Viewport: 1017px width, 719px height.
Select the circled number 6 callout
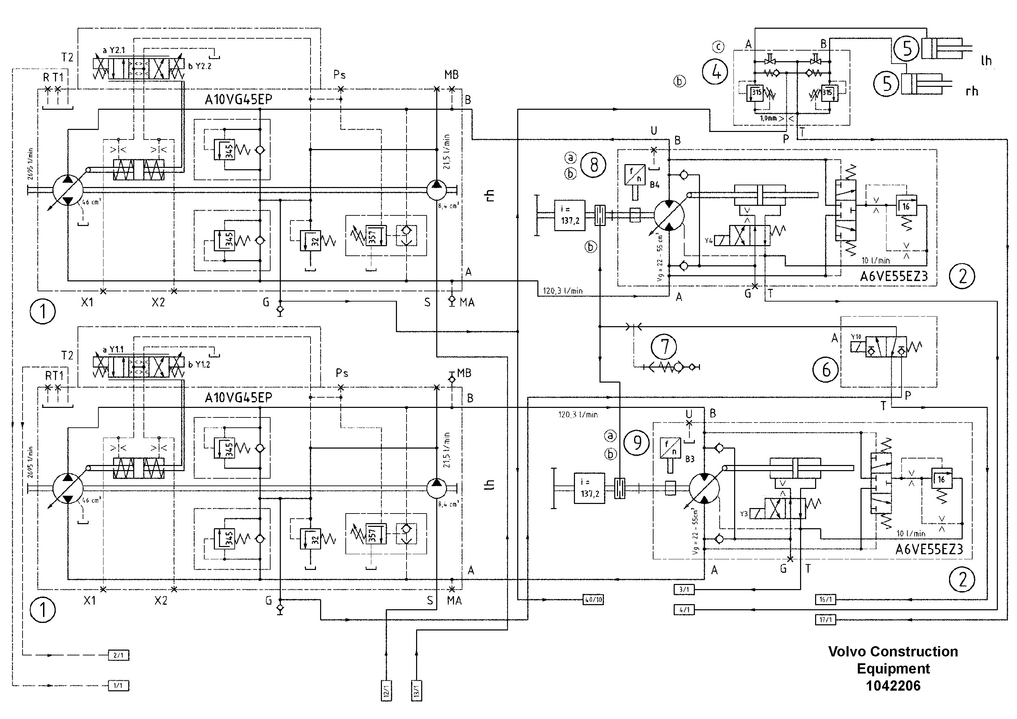pyautogui.click(x=826, y=369)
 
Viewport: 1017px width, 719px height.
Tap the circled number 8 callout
pyautogui.click(x=593, y=165)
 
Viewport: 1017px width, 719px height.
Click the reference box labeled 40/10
pyautogui.click(x=593, y=600)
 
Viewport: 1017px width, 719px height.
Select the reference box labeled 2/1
pyautogui.click(x=119, y=655)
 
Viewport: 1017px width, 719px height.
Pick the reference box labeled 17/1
pyautogui.click(x=825, y=620)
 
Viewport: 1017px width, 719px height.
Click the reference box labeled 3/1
pyautogui.click(x=684, y=589)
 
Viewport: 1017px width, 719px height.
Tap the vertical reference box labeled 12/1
pyautogui.click(x=386, y=690)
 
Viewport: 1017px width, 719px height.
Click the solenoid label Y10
pyautogui.click(x=855, y=337)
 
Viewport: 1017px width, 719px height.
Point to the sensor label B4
pyautogui.click(x=655, y=185)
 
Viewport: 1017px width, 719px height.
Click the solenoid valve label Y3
pyautogui.click(x=744, y=514)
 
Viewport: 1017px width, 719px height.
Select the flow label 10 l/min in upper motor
pyautogui.click(x=875, y=261)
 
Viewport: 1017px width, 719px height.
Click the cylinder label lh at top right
pyautogui.click(x=986, y=61)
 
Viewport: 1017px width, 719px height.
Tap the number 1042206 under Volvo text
pyautogui.click(x=893, y=686)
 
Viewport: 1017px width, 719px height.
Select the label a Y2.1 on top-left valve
pyautogui.click(x=114, y=50)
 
